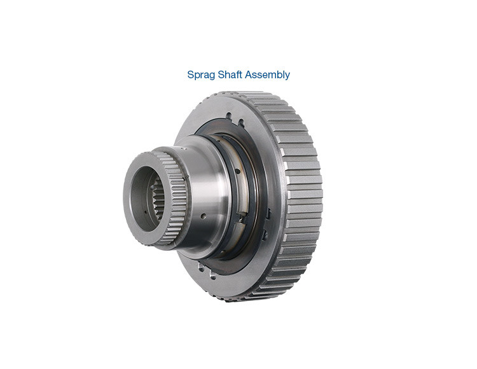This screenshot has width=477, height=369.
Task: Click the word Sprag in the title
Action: [x=201, y=75]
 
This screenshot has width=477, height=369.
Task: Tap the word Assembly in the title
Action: [x=268, y=74]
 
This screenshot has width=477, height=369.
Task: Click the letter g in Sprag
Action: [x=212, y=76]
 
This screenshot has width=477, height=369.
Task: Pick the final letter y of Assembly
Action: [x=287, y=76]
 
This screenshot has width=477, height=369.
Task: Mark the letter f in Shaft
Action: [x=238, y=74]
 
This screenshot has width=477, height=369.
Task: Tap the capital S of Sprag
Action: [x=191, y=74]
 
